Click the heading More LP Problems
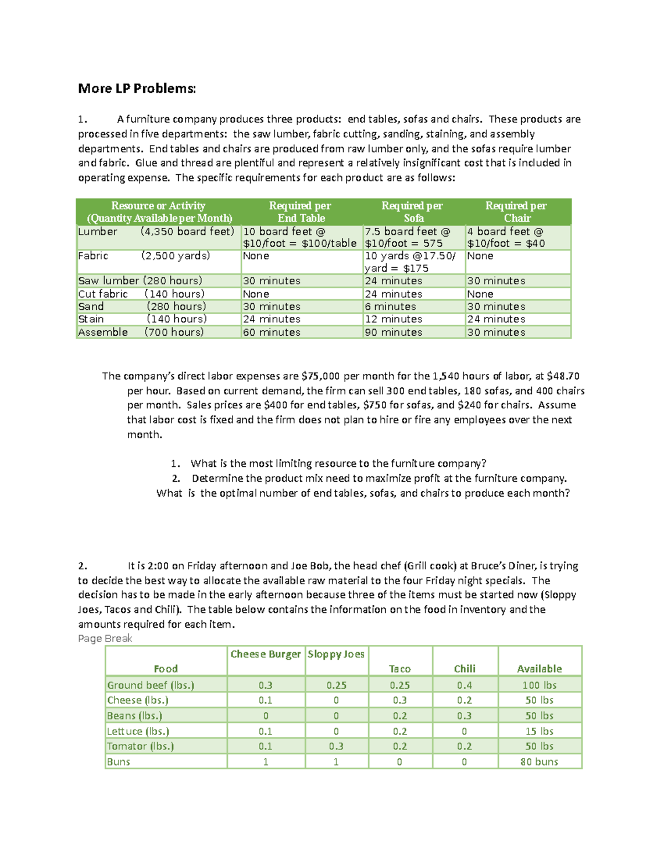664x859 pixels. (x=137, y=88)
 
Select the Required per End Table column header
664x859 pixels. (x=300, y=212)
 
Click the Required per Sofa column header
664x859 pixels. (x=413, y=212)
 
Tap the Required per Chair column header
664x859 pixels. (x=516, y=212)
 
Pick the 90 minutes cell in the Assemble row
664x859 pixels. (x=393, y=332)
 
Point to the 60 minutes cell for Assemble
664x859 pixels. (x=272, y=332)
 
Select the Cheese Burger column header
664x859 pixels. (x=266, y=654)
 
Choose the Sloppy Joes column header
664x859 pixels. (x=336, y=654)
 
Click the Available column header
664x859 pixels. (x=539, y=669)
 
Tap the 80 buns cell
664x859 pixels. (x=539, y=762)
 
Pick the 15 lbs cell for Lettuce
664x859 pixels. (x=539, y=731)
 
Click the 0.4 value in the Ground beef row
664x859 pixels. (x=464, y=685)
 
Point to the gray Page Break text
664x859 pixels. (x=105, y=639)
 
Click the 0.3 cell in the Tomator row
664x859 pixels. (x=336, y=746)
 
